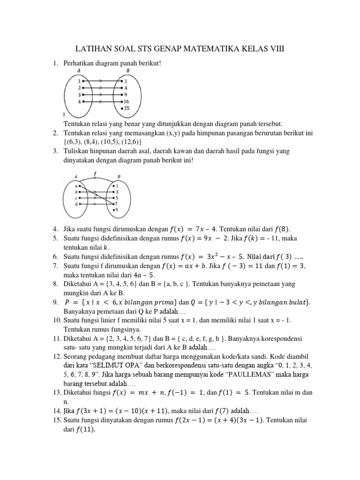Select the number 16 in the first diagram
pyautogui.click(x=127, y=101)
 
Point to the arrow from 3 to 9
pyautogui.click(x=101, y=94)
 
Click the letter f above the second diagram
pyautogui.click(x=95, y=172)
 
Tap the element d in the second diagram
pyautogui.click(x=76, y=204)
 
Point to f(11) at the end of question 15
pyautogui.click(x=85, y=429)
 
